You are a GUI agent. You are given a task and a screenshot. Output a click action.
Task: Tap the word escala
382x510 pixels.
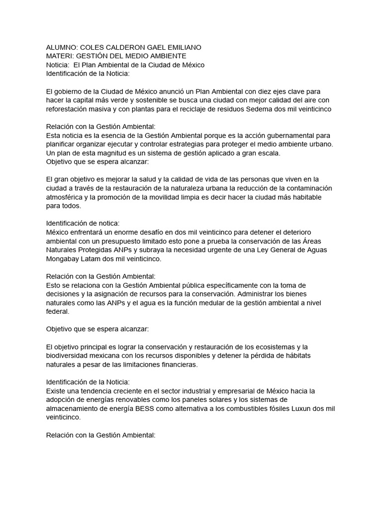pos(270,153)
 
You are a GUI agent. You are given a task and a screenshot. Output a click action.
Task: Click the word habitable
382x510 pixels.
pos(305,197)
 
